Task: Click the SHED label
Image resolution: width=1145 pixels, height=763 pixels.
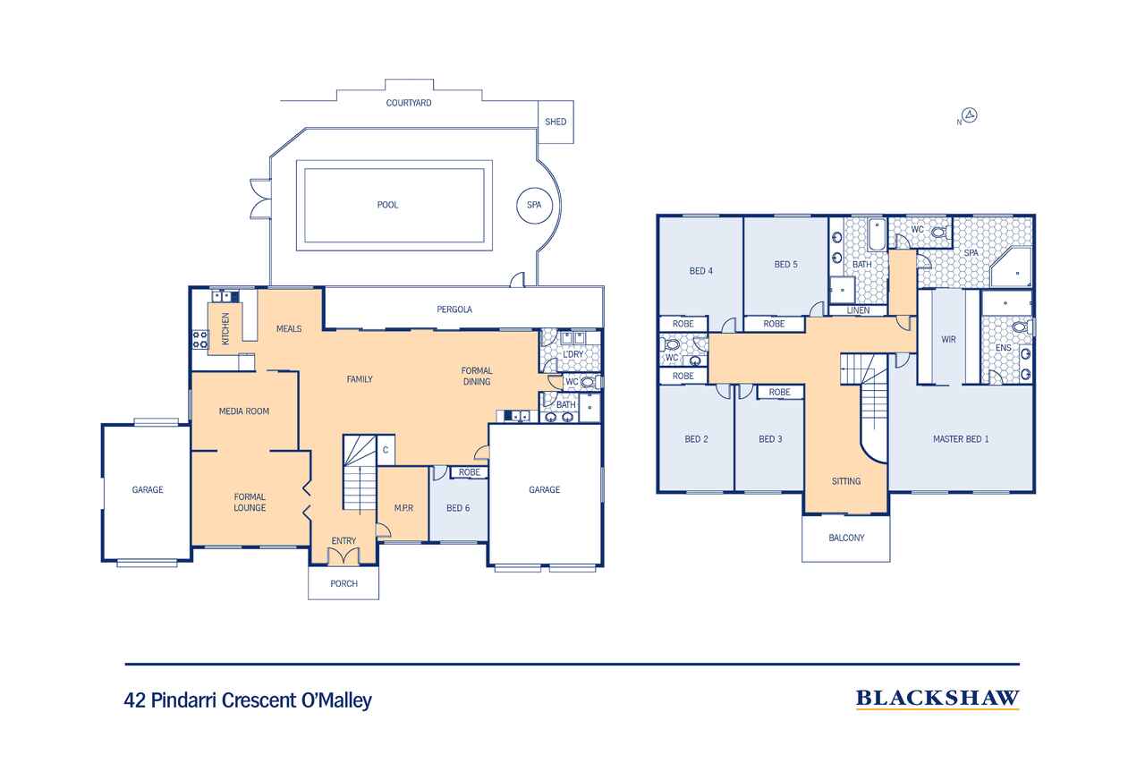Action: [x=556, y=122]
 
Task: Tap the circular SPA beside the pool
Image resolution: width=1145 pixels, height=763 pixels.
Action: [x=534, y=205]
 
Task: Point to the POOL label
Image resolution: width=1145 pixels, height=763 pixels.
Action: [x=387, y=205]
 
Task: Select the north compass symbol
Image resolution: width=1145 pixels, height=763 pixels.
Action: [x=970, y=115]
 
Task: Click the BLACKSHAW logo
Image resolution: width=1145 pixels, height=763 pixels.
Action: [x=937, y=699]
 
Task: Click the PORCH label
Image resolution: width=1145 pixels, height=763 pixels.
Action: [x=344, y=583]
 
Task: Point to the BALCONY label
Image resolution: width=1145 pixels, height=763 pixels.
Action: [x=846, y=538]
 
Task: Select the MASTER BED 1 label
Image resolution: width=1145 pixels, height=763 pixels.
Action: [x=961, y=439]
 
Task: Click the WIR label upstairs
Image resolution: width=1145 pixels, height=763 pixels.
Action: [x=949, y=339]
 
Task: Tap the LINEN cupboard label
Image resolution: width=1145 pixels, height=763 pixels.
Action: [x=858, y=310]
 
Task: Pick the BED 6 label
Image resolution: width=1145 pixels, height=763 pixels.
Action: [x=458, y=508]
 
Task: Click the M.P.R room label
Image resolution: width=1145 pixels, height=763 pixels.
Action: [x=403, y=508]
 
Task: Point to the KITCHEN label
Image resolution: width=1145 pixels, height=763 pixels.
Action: [x=225, y=328]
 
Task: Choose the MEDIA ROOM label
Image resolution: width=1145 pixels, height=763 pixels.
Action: [x=244, y=411]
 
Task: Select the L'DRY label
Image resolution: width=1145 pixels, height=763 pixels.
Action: [x=573, y=354]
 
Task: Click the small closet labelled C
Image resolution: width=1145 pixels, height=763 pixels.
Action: [x=386, y=450]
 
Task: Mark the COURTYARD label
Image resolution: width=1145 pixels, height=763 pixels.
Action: [x=409, y=103]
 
